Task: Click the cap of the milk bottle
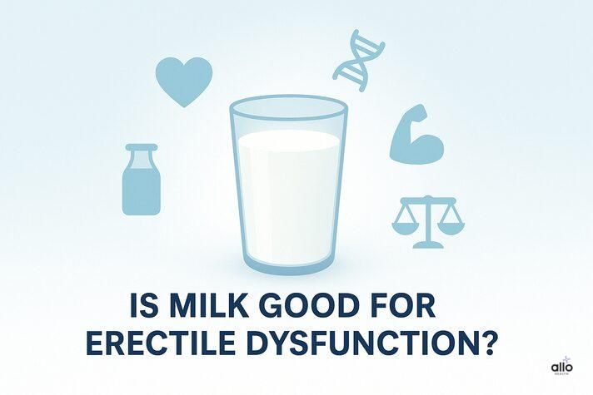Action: [x=141, y=150]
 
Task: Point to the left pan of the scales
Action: [x=406, y=227]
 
